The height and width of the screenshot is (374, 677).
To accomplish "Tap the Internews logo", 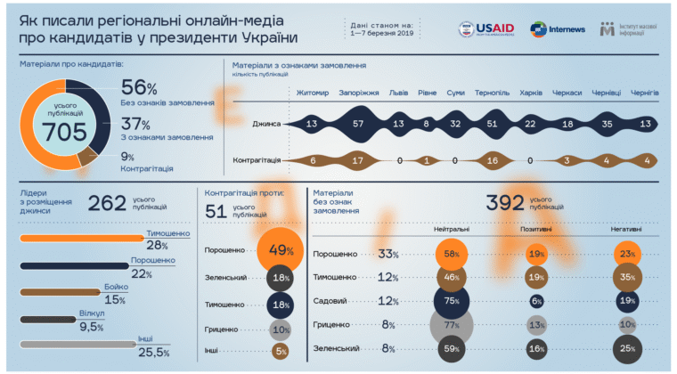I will coord(559,29).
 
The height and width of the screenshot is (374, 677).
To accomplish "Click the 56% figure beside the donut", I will coord(139,87).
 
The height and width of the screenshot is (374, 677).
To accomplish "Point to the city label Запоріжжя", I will coord(359,92).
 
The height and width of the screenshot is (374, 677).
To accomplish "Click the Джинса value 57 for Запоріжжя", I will coord(359,124).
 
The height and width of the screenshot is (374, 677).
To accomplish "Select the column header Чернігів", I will coord(644,92).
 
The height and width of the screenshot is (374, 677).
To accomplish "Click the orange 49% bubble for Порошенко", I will coord(279,250).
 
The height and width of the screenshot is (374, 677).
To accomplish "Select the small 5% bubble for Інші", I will coord(280,351).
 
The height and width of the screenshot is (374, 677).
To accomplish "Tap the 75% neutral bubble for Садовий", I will coord(453,302).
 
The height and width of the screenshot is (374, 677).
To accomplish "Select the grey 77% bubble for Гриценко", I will coord(453,325).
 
